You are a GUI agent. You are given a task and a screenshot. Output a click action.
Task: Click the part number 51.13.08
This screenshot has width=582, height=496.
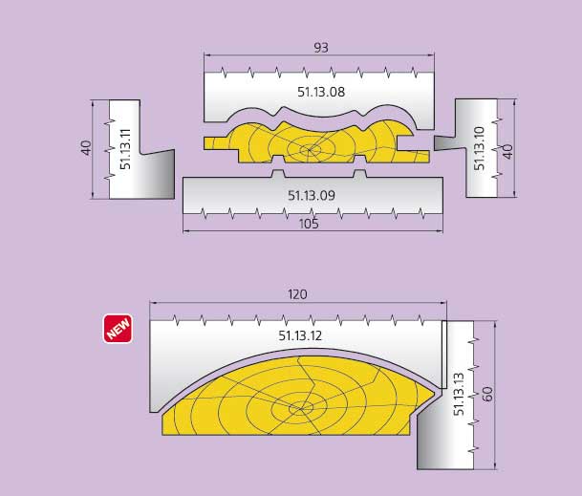tap(321, 92)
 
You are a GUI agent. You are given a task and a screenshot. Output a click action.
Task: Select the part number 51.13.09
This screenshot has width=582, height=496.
tap(312, 195)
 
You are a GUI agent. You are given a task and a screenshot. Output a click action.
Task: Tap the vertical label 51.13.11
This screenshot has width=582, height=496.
tap(126, 149)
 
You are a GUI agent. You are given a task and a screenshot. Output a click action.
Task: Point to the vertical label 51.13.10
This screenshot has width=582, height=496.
tap(479, 148)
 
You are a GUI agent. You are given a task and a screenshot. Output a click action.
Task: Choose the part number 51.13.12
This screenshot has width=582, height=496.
tap(300, 335)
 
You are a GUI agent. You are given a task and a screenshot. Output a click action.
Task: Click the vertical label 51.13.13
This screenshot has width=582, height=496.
tap(459, 395)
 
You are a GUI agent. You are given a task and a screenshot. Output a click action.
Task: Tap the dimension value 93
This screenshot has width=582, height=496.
tap(321, 48)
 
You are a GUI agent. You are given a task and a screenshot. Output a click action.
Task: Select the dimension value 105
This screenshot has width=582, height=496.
tap(309, 224)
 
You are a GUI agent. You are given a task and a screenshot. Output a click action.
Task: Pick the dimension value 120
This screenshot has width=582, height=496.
tap(297, 294)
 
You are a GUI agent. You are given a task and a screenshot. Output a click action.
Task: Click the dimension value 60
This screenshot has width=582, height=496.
tap(487, 394)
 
